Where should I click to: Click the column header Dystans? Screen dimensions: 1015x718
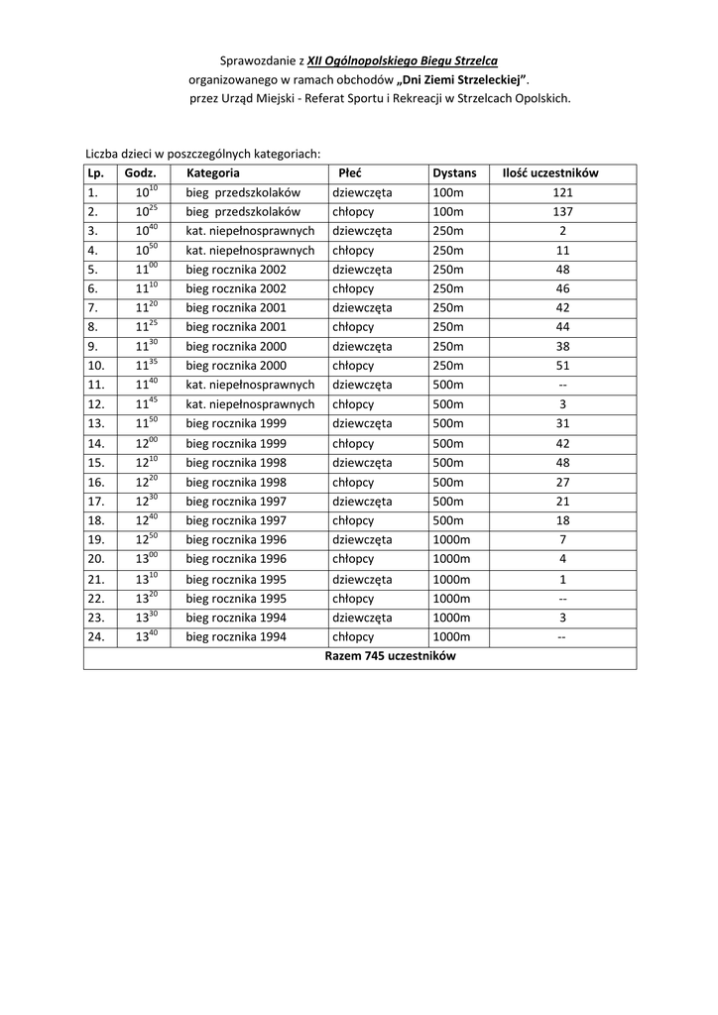(454, 172)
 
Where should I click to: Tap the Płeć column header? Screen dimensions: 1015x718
(350, 172)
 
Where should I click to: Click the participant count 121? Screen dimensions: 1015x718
(562, 192)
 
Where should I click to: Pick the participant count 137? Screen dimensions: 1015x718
(562, 212)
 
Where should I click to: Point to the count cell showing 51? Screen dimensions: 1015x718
(562, 365)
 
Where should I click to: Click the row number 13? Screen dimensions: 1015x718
(95, 423)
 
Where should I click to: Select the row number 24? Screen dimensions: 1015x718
(95, 637)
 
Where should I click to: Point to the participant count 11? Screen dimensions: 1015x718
(562, 251)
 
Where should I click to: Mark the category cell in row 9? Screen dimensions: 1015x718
(236, 347)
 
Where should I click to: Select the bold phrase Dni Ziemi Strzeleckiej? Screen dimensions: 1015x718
(458, 79)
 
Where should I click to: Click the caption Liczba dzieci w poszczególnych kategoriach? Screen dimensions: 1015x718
(203, 154)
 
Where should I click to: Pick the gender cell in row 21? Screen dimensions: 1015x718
(362, 580)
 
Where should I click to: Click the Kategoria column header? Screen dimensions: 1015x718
(213, 172)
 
